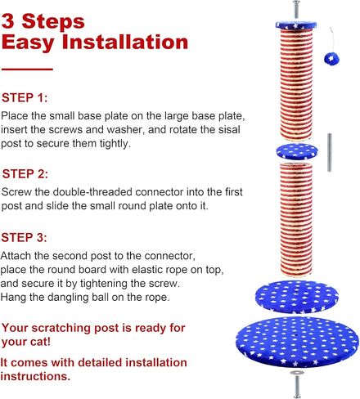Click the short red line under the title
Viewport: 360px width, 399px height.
tap(27, 69)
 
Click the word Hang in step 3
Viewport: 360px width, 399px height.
tap(16, 297)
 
